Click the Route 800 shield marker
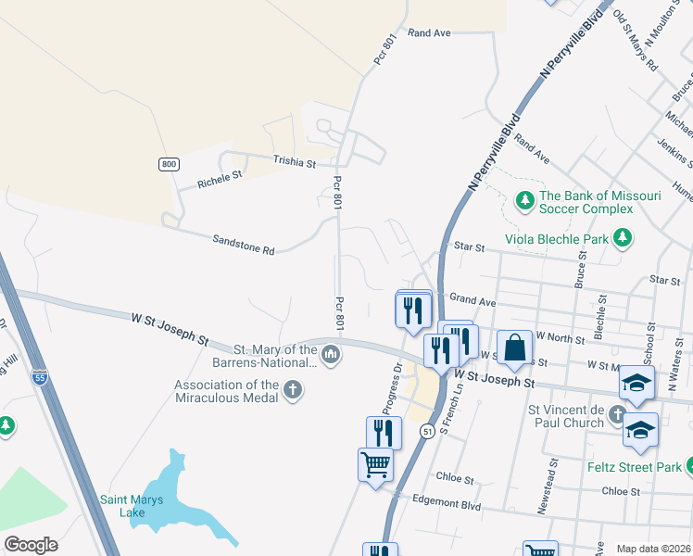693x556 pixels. coord(168,164)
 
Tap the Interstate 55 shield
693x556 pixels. coord(39,376)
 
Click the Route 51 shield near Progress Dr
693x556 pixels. coord(427,431)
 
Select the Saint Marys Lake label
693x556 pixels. coord(132,506)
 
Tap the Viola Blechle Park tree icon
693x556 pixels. coord(623,238)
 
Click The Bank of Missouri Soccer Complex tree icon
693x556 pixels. coord(524,200)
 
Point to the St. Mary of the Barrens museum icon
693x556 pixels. coord(331,354)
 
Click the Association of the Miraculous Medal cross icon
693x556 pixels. coord(293,389)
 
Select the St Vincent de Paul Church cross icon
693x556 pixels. coord(618,415)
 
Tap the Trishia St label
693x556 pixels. coord(295,161)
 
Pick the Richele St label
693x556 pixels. coord(220,179)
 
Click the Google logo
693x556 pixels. coord(31,545)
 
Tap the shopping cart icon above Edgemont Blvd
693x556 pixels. coord(375,463)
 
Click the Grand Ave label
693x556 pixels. coord(472,301)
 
